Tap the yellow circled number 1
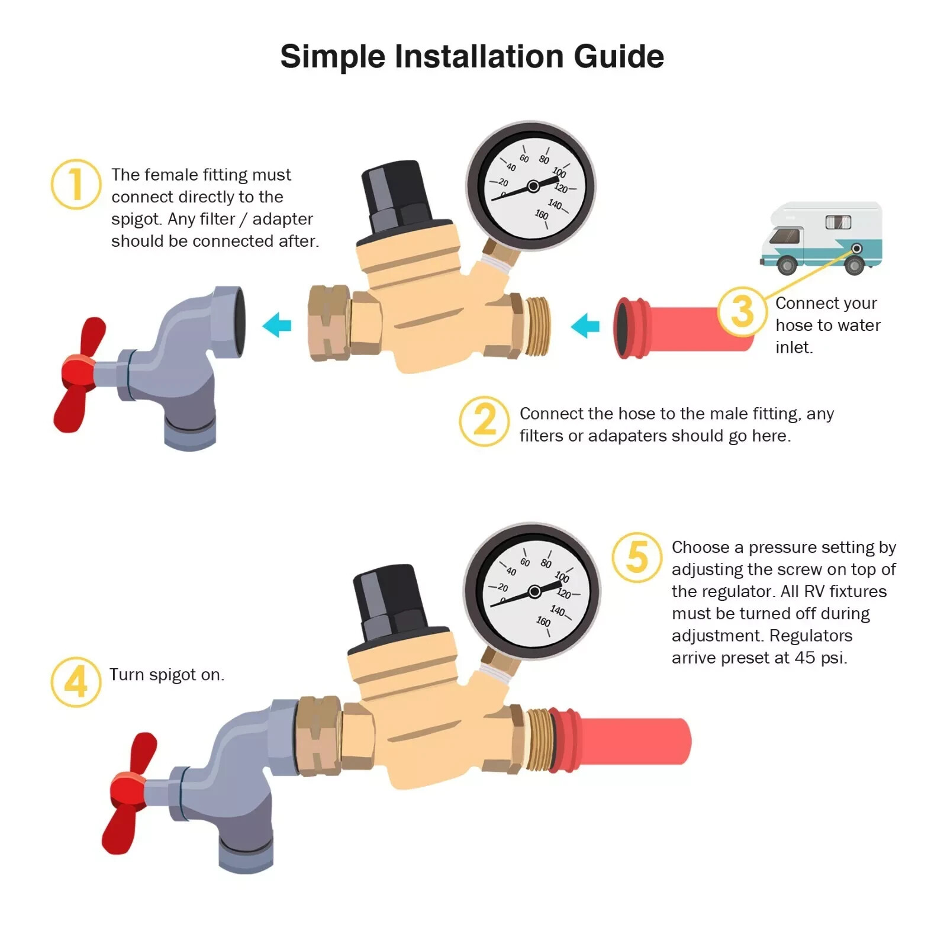click(x=76, y=184)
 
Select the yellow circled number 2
click(x=484, y=421)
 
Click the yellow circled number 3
click(x=742, y=312)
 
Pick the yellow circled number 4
click(x=76, y=682)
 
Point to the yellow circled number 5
click(x=637, y=557)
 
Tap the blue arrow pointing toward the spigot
click(x=277, y=325)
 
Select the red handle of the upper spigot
click(x=79, y=374)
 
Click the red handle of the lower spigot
click(x=128, y=792)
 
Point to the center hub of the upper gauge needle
click(x=533, y=186)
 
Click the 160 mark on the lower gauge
click(x=543, y=621)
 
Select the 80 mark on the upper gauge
click(x=544, y=159)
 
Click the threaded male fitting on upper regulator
click(x=537, y=326)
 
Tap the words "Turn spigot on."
click(x=167, y=675)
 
